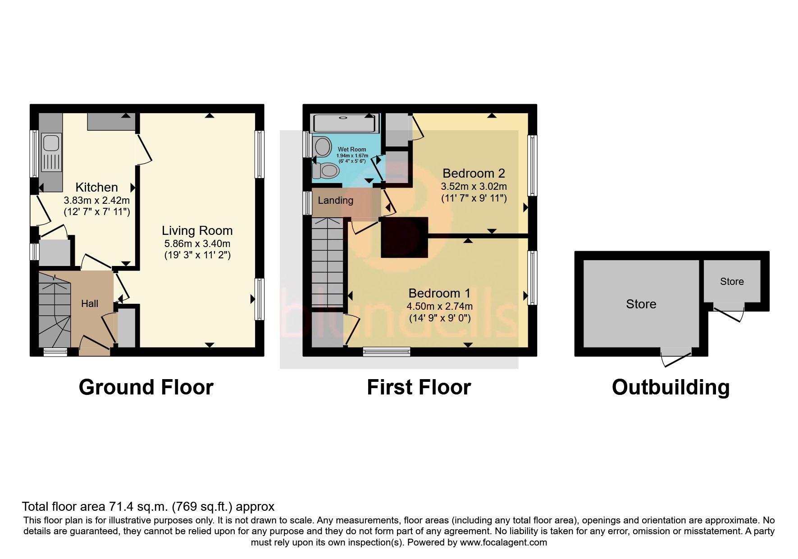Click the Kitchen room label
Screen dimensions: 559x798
96,187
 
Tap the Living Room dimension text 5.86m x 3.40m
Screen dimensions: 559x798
197,243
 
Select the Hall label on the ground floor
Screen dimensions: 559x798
89,304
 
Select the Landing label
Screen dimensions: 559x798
335,201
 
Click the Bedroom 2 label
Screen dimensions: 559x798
474,173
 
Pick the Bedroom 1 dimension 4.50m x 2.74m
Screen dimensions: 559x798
439,307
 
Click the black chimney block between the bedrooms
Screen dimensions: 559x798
404,237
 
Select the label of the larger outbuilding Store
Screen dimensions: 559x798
641,304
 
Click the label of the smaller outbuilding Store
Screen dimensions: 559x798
731,282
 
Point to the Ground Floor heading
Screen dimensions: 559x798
146,387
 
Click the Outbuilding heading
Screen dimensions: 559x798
670,387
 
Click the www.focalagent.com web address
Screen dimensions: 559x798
503,542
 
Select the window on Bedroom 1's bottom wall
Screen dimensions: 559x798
387,351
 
